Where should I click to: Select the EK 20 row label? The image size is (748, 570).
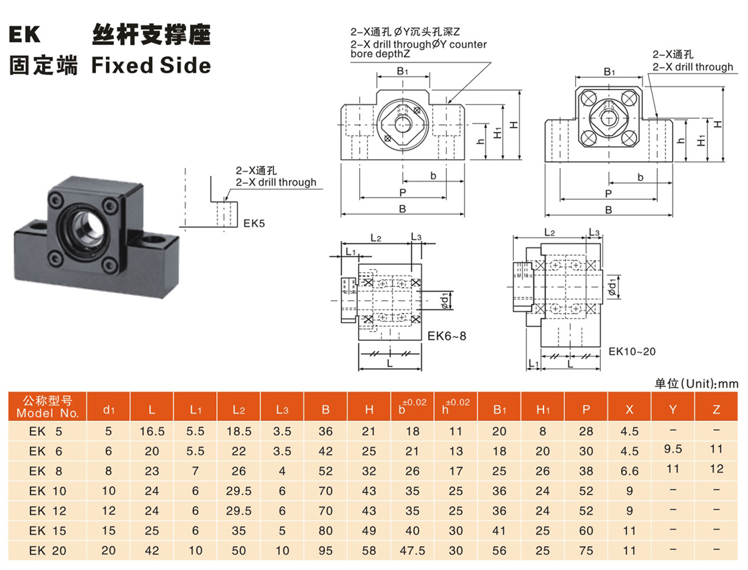(x=48, y=551)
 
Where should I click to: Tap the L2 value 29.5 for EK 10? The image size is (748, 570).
(x=238, y=491)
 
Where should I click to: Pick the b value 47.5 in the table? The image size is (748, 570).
(x=412, y=551)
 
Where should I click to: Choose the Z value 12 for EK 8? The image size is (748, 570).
(x=717, y=469)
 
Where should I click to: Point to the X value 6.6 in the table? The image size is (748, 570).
(x=629, y=471)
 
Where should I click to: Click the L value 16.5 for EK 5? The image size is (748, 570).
(x=152, y=431)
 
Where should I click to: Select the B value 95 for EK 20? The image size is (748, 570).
(x=326, y=551)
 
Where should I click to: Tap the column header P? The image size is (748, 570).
(x=586, y=408)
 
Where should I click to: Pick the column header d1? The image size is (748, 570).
(x=108, y=408)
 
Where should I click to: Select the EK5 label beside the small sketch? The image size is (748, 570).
(x=254, y=224)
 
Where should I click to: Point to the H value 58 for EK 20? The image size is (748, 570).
(x=369, y=551)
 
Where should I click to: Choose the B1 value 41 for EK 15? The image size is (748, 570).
(x=499, y=531)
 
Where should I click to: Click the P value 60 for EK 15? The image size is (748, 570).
(x=586, y=531)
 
